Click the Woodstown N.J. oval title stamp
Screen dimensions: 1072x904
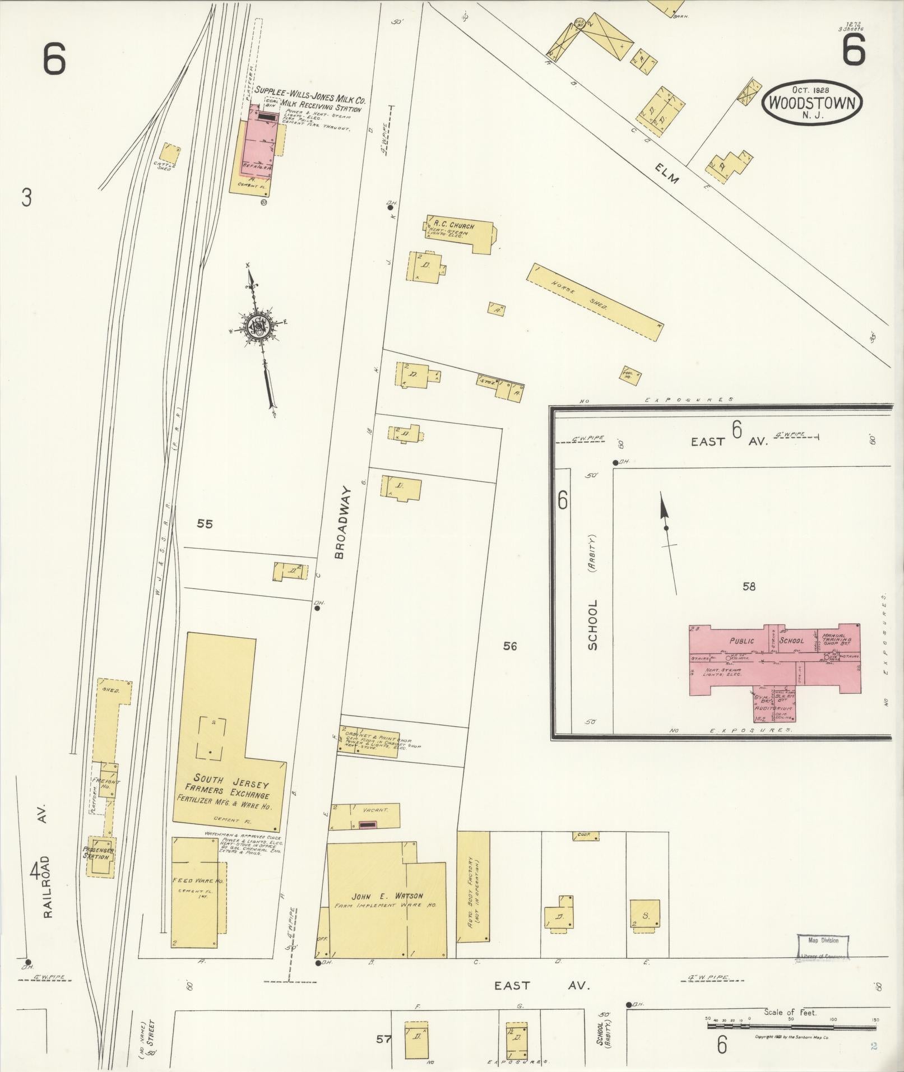tap(812, 101)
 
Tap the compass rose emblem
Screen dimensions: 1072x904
tap(259, 326)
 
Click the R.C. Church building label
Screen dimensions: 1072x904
tap(451, 226)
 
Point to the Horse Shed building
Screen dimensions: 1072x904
tap(594, 301)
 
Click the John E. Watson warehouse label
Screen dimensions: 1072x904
tap(387, 912)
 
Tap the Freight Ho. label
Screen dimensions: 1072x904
tap(107, 785)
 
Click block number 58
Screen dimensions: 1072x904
tap(749, 587)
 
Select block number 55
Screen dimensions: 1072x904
tap(205, 524)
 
